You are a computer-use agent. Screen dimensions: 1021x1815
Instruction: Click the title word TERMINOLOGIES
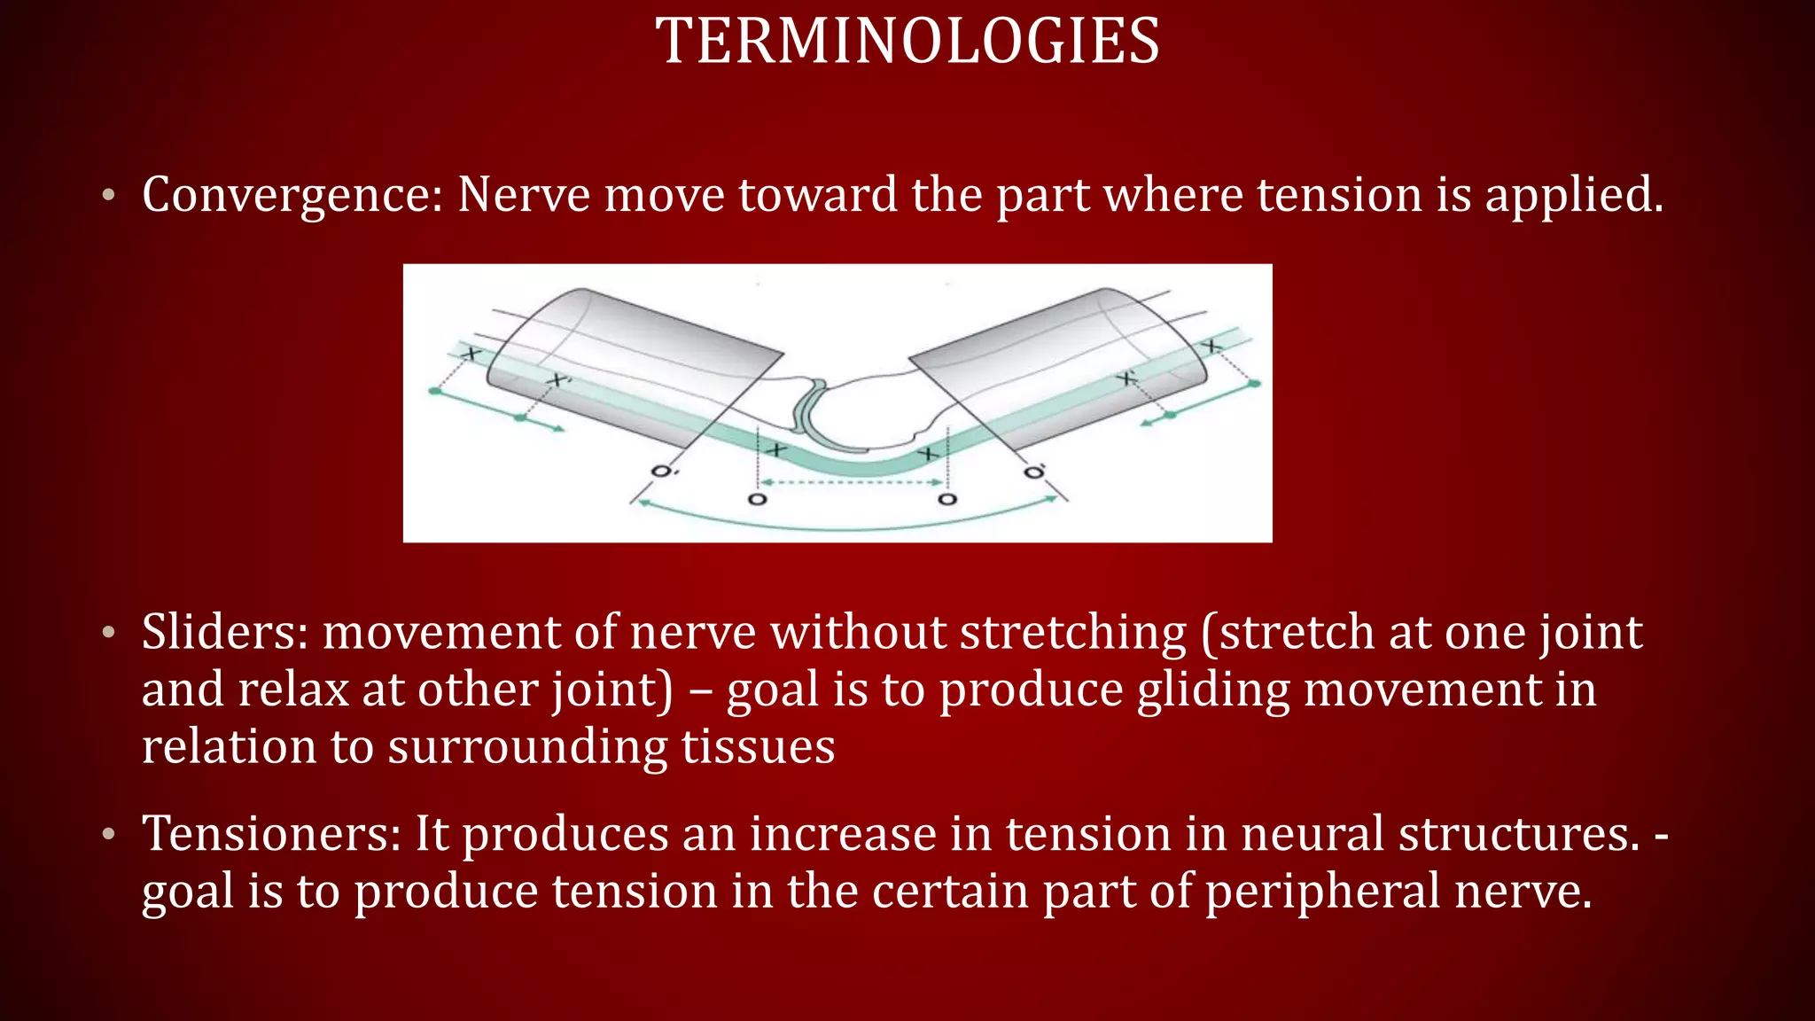[x=907, y=42]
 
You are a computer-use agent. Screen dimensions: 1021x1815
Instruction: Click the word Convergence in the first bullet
[x=292, y=195]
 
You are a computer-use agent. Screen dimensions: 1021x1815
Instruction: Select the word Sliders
[x=224, y=632]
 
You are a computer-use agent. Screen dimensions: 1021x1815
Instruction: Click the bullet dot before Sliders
[x=108, y=633]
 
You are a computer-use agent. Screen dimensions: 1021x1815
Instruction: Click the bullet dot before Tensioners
[x=108, y=834]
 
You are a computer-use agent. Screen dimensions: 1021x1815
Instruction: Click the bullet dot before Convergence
[x=108, y=195]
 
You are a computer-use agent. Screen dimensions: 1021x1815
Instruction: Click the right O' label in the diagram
[x=1033, y=471]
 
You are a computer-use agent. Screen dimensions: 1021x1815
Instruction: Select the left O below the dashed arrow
[x=757, y=500]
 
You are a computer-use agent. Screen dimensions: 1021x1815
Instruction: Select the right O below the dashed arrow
[x=947, y=500]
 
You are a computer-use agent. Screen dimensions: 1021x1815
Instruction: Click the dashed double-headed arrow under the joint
[x=852, y=482]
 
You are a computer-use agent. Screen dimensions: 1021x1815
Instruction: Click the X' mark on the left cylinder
[x=557, y=381]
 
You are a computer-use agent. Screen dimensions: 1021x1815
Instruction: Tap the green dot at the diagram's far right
[x=1254, y=383]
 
